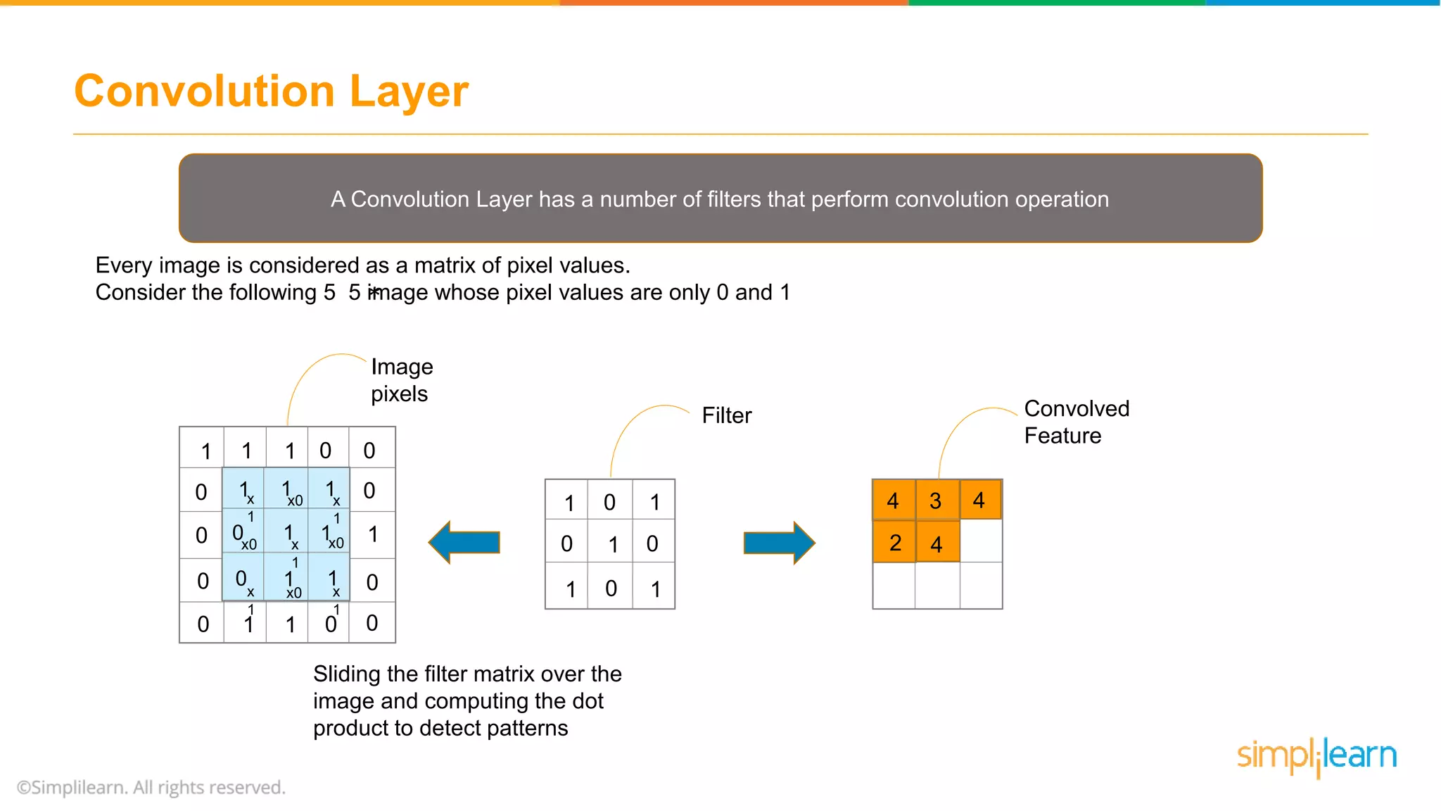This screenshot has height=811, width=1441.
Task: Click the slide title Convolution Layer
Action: pos(271,92)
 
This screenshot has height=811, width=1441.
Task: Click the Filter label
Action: pos(726,415)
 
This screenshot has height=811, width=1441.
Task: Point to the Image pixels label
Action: pos(401,380)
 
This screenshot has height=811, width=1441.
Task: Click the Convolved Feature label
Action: pos(1076,422)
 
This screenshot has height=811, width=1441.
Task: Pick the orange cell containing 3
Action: pos(937,500)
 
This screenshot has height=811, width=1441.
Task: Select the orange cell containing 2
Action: pos(894,542)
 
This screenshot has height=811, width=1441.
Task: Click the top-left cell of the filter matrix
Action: pos(567,501)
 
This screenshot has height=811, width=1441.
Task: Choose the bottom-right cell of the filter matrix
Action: pos(654,587)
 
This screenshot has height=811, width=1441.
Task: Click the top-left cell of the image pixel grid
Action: pos(203,448)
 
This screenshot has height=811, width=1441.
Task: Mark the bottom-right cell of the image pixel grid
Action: pos(372,622)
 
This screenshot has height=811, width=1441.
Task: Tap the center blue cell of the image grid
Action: pos(287,534)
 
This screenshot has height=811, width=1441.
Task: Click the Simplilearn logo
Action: pos(1316,756)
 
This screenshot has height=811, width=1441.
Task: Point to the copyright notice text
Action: pos(151,787)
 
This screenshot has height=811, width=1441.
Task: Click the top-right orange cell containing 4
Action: pos(980,500)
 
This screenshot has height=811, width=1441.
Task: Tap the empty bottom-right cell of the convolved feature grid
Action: pos(980,586)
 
